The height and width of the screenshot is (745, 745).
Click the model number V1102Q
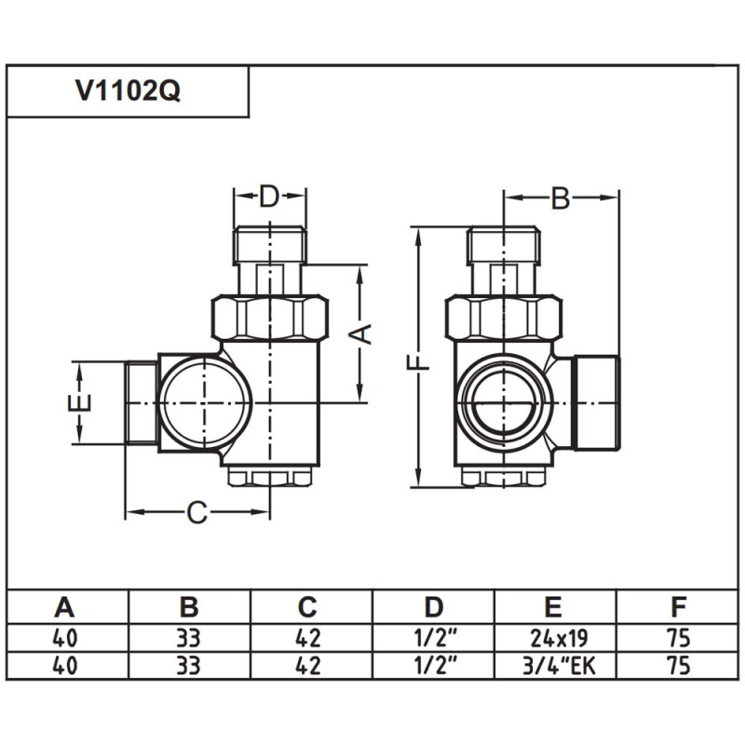[128, 92]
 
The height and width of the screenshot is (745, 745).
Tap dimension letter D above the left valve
[269, 196]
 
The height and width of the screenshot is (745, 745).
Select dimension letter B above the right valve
[561, 197]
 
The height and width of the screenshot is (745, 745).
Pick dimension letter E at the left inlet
[81, 402]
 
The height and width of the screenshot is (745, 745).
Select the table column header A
[64, 608]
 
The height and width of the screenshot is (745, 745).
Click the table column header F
[679, 608]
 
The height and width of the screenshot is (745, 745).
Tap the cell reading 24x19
[553, 640]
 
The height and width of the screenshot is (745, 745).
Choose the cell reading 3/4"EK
[553, 667]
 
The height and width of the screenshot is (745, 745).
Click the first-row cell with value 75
[679, 640]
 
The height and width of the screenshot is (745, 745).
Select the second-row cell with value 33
[188, 667]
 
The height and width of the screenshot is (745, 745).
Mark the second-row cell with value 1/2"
[434, 667]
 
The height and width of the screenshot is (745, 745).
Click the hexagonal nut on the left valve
[270, 317]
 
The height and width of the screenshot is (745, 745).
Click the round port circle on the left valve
[203, 402]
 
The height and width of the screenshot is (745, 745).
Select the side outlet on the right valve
[596, 400]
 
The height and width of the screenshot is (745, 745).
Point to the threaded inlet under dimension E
[141, 402]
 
